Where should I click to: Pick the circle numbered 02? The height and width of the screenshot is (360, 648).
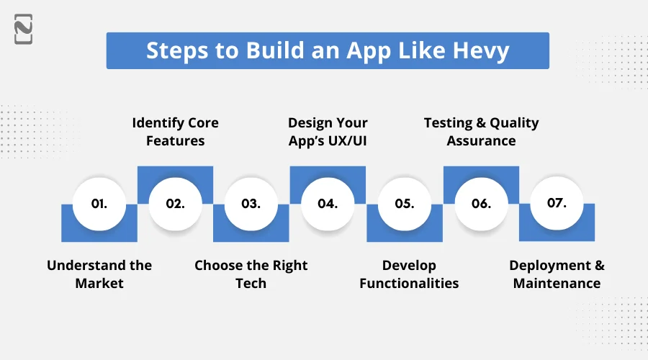[x=175, y=204]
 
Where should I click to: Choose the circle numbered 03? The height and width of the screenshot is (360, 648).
[x=251, y=204]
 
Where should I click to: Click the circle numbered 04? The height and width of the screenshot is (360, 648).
[x=328, y=204]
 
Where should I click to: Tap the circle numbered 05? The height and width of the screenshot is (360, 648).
[x=405, y=204]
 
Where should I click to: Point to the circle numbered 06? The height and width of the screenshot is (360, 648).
[x=481, y=204]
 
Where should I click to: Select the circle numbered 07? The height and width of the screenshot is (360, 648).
[x=557, y=203]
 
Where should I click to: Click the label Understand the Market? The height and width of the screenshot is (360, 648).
[x=99, y=274]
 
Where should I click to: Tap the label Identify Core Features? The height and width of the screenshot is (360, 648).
[x=175, y=132]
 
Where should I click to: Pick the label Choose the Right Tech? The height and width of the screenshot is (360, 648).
[x=251, y=274]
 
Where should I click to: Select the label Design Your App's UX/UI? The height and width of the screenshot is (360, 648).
[x=328, y=132]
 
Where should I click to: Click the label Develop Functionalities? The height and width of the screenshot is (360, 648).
[x=409, y=274]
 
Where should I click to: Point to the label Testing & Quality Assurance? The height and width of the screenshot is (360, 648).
[x=481, y=132]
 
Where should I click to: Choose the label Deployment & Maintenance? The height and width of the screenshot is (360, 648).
[x=557, y=274]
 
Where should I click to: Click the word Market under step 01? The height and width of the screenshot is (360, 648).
[x=99, y=284]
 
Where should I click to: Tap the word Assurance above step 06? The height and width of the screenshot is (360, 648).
[x=481, y=141]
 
